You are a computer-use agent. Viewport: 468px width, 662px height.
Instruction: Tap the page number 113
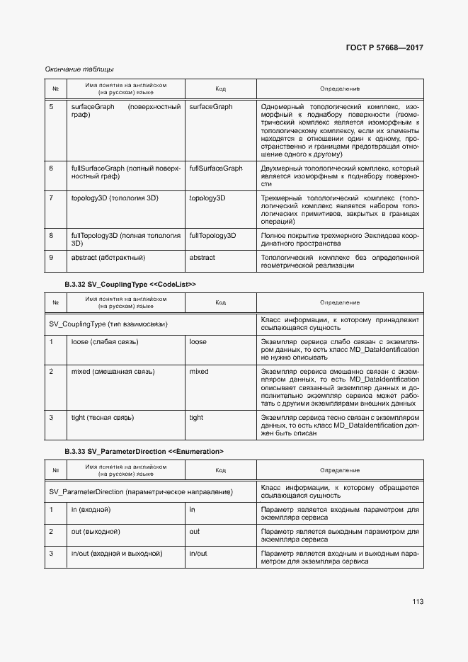coord(417,602)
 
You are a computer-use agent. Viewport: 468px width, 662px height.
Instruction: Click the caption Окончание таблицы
coord(79,69)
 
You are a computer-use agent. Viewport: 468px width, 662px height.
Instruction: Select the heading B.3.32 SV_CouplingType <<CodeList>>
coord(130,284)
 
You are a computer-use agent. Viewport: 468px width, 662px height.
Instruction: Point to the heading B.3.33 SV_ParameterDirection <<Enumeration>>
coord(144,451)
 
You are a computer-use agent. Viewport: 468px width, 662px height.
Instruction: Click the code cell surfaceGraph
coord(211,107)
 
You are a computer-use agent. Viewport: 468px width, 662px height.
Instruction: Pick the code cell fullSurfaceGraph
coord(216,169)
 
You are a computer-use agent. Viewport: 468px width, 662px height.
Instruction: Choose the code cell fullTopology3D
coord(212,234)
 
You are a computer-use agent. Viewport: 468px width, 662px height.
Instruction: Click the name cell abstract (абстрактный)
coord(108,258)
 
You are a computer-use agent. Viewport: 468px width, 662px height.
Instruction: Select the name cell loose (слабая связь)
coord(105,342)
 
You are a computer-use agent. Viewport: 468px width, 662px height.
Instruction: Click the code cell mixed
coord(199,371)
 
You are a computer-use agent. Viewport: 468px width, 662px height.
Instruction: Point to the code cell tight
coord(196,418)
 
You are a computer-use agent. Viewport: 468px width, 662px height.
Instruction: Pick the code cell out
coord(195,532)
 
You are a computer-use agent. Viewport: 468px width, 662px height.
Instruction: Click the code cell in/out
coord(198,554)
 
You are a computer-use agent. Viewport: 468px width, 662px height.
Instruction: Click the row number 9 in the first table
coord(51,258)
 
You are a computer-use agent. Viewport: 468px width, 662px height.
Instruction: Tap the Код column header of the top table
coord(220,89)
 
